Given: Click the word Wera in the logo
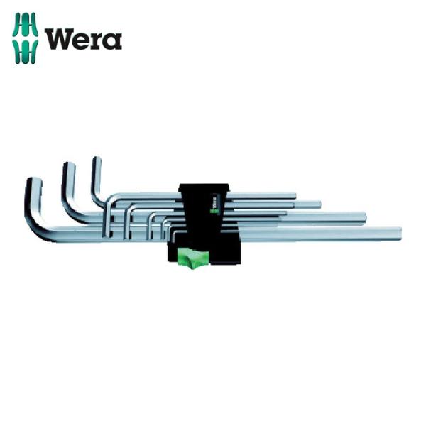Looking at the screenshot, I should (83, 38).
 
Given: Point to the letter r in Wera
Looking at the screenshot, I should (98, 41).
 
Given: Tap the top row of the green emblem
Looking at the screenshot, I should (26, 25).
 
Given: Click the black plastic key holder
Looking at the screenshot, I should (202, 213).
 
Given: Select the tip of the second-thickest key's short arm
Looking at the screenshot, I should (69, 165).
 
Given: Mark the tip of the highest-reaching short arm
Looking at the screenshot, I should (97, 159).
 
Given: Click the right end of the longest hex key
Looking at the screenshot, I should (400, 233).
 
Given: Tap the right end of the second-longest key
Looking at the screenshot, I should (365, 216).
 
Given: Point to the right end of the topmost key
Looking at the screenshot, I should (294, 194).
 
